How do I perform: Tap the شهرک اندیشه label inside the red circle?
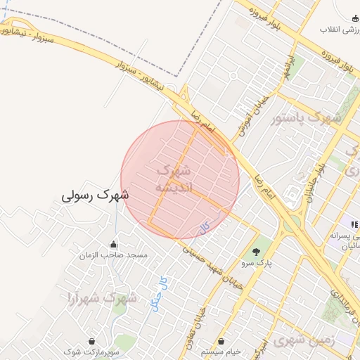click(172, 179)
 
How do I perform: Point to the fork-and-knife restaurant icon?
click(355, 225)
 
